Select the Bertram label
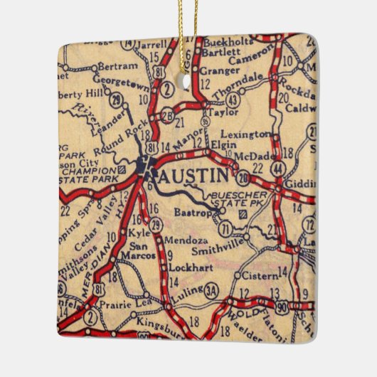[115, 65]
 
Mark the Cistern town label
[259, 275]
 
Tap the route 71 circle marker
[224, 228]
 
